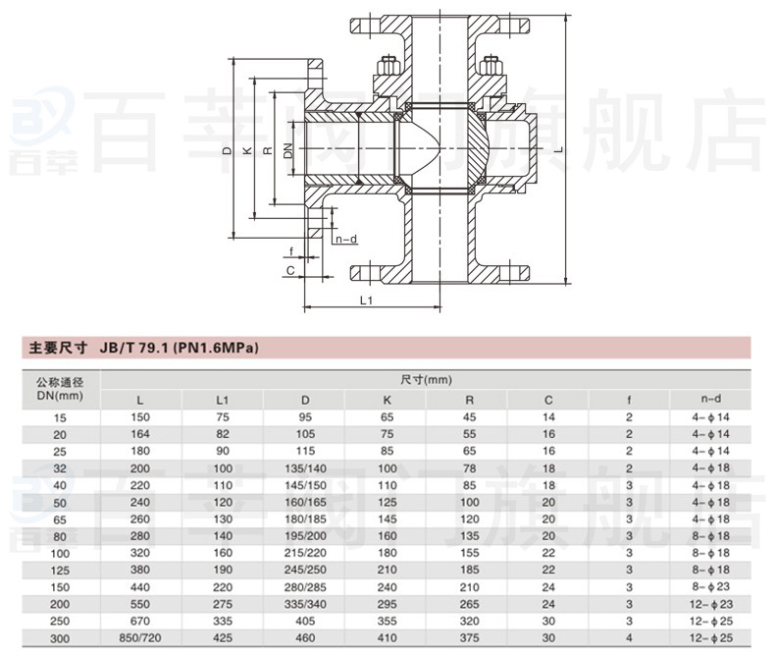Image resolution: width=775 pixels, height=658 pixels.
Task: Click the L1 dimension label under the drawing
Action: (x=365, y=301)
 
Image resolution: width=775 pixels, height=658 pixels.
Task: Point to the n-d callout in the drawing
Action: (x=345, y=239)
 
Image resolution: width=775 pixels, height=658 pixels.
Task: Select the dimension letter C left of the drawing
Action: (x=289, y=268)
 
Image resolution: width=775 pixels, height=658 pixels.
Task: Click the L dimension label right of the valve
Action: (x=556, y=149)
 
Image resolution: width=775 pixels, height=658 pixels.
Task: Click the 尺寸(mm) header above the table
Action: (x=425, y=379)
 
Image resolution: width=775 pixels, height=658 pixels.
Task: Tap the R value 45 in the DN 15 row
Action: (x=467, y=417)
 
